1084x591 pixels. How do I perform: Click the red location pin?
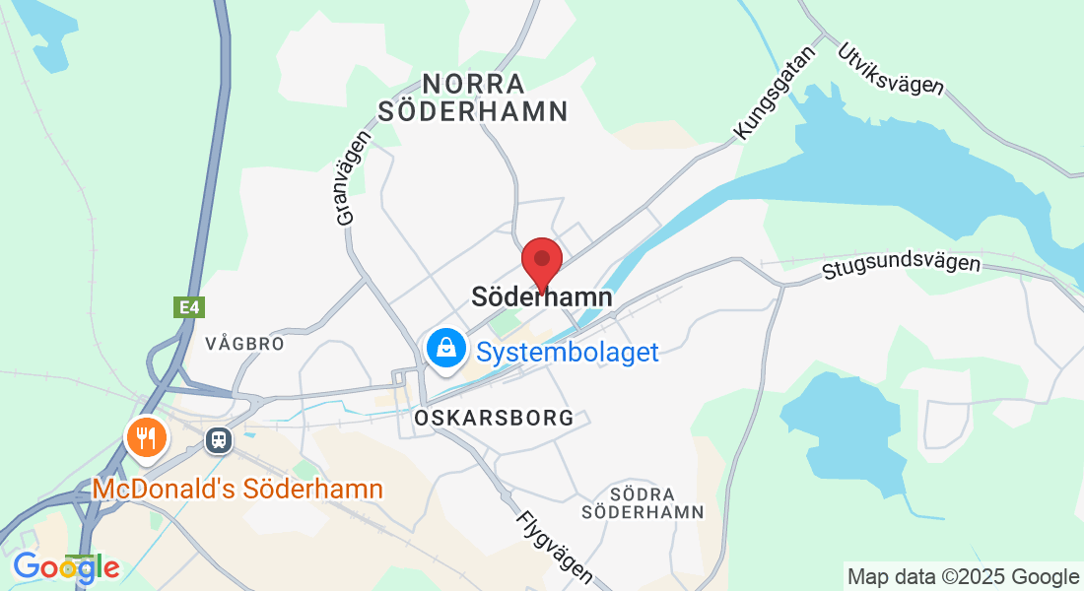pyautogui.click(x=541, y=261)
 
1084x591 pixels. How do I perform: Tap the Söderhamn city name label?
pyautogui.click(x=542, y=296)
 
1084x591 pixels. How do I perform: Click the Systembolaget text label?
pyautogui.click(x=568, y=352)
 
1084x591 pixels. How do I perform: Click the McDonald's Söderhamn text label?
pyautogui.click(x=237, y=489)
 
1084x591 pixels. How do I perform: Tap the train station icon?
pyautogui.click(x=217, y=439)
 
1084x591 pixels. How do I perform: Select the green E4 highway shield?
pyautogui.click(x=189, y=307)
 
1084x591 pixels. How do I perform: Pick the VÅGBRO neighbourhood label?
pyautogui.click(x=244, y=344)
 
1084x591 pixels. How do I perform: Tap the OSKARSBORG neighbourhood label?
pyautogui.click(x=495, y=418)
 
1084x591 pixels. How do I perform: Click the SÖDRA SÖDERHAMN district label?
pyautogui.click(x=643, y=502)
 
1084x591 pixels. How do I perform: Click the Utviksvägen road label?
pyautogui.click(x=890, y=69)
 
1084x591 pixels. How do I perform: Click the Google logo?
pyautogui.click(x=66, y=567)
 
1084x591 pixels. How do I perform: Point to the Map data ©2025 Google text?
pyautogui.click(x=963, y=576)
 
